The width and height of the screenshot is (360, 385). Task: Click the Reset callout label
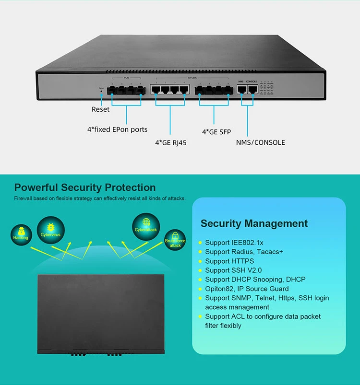point(100,109)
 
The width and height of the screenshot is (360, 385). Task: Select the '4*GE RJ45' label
point(171,142)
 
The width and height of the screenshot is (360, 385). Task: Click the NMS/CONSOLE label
point(260,142)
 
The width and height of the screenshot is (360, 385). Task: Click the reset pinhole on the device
point(101,91)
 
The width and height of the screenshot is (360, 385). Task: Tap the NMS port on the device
point(241,89)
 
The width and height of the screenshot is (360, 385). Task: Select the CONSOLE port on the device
point(252,89)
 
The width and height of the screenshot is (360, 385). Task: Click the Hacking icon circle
point(21,234)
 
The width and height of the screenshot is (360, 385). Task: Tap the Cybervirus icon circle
point(49,227)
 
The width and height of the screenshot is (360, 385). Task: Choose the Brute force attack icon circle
point(175,240)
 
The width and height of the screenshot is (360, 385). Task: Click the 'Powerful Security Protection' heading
point(85,187)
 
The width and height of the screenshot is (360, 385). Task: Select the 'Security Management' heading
point(254,223)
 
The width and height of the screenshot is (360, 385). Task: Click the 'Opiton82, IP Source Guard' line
point(247,289)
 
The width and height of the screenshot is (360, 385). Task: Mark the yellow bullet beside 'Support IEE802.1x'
point(200,243)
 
